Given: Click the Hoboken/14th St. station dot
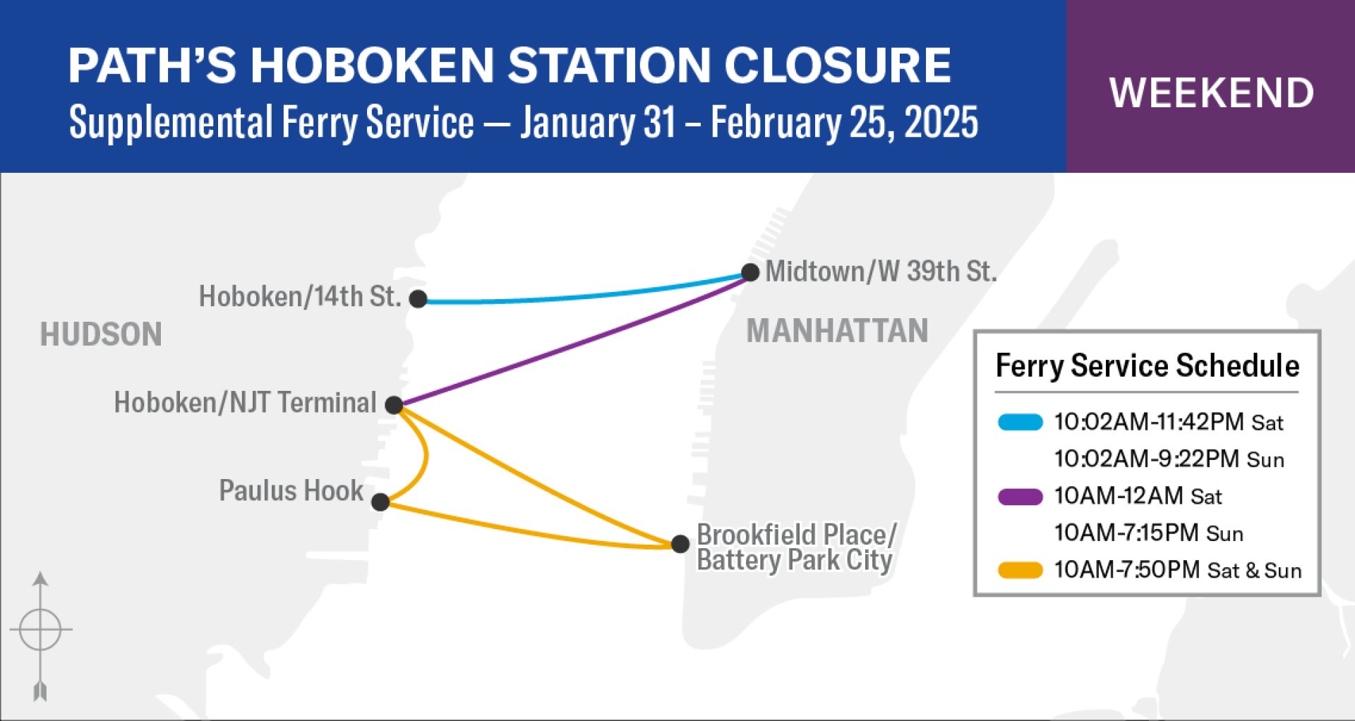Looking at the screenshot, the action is (x=418, y=299).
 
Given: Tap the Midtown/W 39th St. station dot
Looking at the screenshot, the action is (x=750, y=272).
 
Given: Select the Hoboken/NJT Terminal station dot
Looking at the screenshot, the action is (x=394, y=405).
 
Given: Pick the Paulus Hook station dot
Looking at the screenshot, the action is (x=380, y=502).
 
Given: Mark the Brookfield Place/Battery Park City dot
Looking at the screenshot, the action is (x=680, y=544).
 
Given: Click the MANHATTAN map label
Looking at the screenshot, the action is (x=837, y=331).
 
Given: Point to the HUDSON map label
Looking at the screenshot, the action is (x=101, y=334).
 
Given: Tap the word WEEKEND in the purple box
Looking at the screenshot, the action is (x=1211, y=93).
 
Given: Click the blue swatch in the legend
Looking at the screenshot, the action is (x=1020, y=422).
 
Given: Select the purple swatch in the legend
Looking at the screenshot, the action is (x=1020, y=497).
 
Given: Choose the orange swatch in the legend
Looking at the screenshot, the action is (x=1020, y=570).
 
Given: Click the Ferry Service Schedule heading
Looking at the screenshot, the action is (x=1148, y=366).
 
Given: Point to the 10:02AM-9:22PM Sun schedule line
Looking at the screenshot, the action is (x=1169, y=459).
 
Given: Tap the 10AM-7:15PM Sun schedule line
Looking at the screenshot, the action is (x=1149, y=533).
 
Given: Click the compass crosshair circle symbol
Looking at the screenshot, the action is (x=40, y=629).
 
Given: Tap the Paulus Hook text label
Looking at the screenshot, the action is (x=291, y=490).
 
